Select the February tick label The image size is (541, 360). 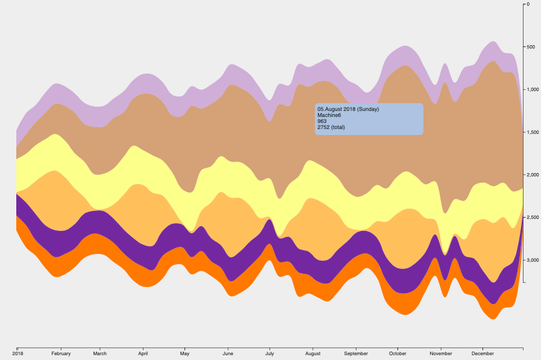(61, 353)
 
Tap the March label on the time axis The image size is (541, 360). (100, 353)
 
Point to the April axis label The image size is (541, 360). (143, 353)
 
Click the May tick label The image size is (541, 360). (185, 353)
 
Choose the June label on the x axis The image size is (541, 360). (228, 353)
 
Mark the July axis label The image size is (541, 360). (270, 353)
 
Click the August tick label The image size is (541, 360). (312, 353)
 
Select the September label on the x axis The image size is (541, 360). (356, 353)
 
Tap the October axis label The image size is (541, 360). (397, 353)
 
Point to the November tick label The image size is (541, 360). (441, 353)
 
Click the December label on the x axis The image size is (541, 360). (483, 353)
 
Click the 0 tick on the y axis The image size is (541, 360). (528, 4)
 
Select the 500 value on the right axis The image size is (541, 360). (531, 47)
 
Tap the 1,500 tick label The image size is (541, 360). (533, 132)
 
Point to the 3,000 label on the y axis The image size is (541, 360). (533, 260)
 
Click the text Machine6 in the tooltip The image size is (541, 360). (329, 115)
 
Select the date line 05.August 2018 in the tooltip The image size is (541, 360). (348, 109)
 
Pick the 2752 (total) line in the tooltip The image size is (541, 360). (331, 127)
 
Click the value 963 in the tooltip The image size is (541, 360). (322, 121)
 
